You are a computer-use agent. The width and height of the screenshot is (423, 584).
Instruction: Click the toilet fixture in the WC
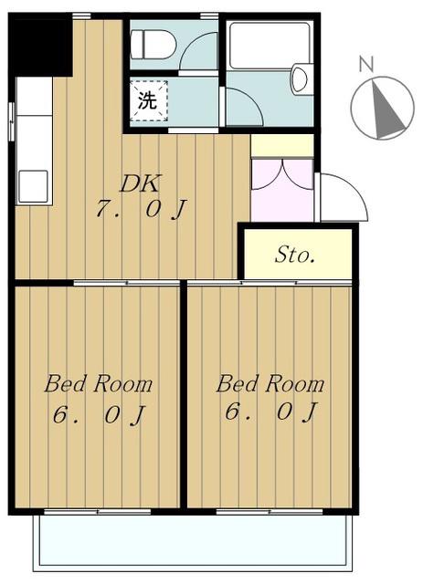(153, 45)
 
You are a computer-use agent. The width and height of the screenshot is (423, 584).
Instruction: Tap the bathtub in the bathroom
(270, 46)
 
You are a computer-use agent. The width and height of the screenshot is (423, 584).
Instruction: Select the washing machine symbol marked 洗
(149, 101)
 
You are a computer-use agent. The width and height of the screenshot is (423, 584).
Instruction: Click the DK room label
(141, 183)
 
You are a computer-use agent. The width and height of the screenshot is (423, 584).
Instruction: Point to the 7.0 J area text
(141, 210)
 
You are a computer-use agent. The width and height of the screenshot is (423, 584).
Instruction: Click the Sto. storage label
(294, 255)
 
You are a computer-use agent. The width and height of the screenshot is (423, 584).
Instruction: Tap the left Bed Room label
(99, 384)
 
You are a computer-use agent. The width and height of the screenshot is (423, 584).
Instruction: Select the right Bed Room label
(270, 384)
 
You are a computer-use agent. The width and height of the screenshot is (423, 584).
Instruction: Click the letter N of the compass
(366, 63)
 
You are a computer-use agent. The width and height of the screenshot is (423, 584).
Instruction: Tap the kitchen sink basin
(33, 186)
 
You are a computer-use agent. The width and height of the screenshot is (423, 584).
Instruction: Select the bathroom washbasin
(300, 79)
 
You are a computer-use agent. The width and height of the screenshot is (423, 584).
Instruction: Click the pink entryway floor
(281, 191)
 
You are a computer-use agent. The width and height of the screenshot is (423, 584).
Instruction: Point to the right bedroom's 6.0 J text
(270, 412)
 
